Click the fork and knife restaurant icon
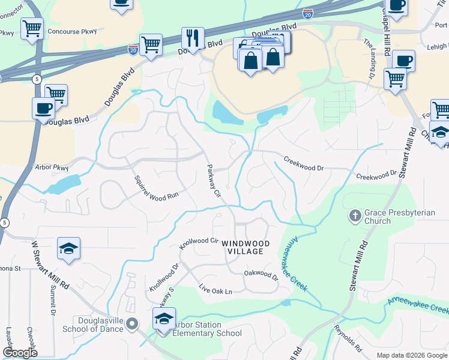tap(193, 38)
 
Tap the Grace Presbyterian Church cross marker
tap(355, 214)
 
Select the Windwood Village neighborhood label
tap(246, 247)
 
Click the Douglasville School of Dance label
tap(92, 324)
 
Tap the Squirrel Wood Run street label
tap(156, 188)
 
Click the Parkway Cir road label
tap(214, 181)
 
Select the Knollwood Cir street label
tap(198, 244)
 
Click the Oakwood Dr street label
tap(261, 275)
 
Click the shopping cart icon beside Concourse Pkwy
tap(32, 28)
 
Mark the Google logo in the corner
tap(20, 353)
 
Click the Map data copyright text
tap(412, 355)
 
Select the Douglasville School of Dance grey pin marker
tap(134, 324)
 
